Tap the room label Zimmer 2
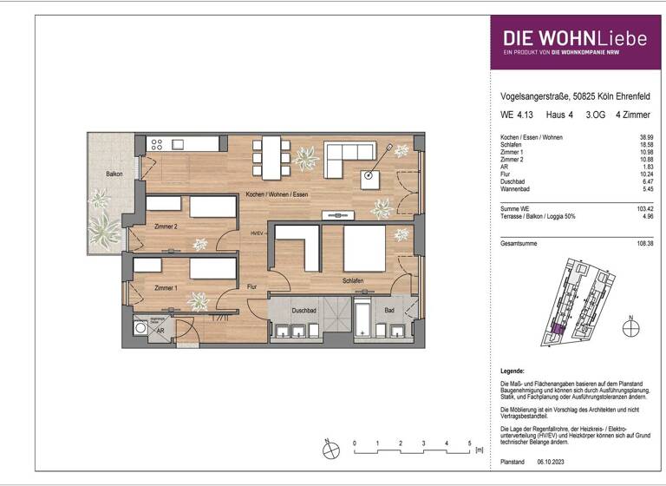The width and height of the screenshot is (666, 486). (166, 227)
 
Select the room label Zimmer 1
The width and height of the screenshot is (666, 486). (166, 287)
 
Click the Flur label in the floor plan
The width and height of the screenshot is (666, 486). (253, 286)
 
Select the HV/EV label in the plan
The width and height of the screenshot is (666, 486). (257, 233)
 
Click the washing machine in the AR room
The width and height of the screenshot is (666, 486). (141, 329)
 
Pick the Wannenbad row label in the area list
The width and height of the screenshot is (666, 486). (517, 188)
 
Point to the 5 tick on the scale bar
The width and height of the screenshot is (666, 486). (469, 443)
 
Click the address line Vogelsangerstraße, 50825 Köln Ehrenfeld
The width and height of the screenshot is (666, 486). (564, 98)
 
